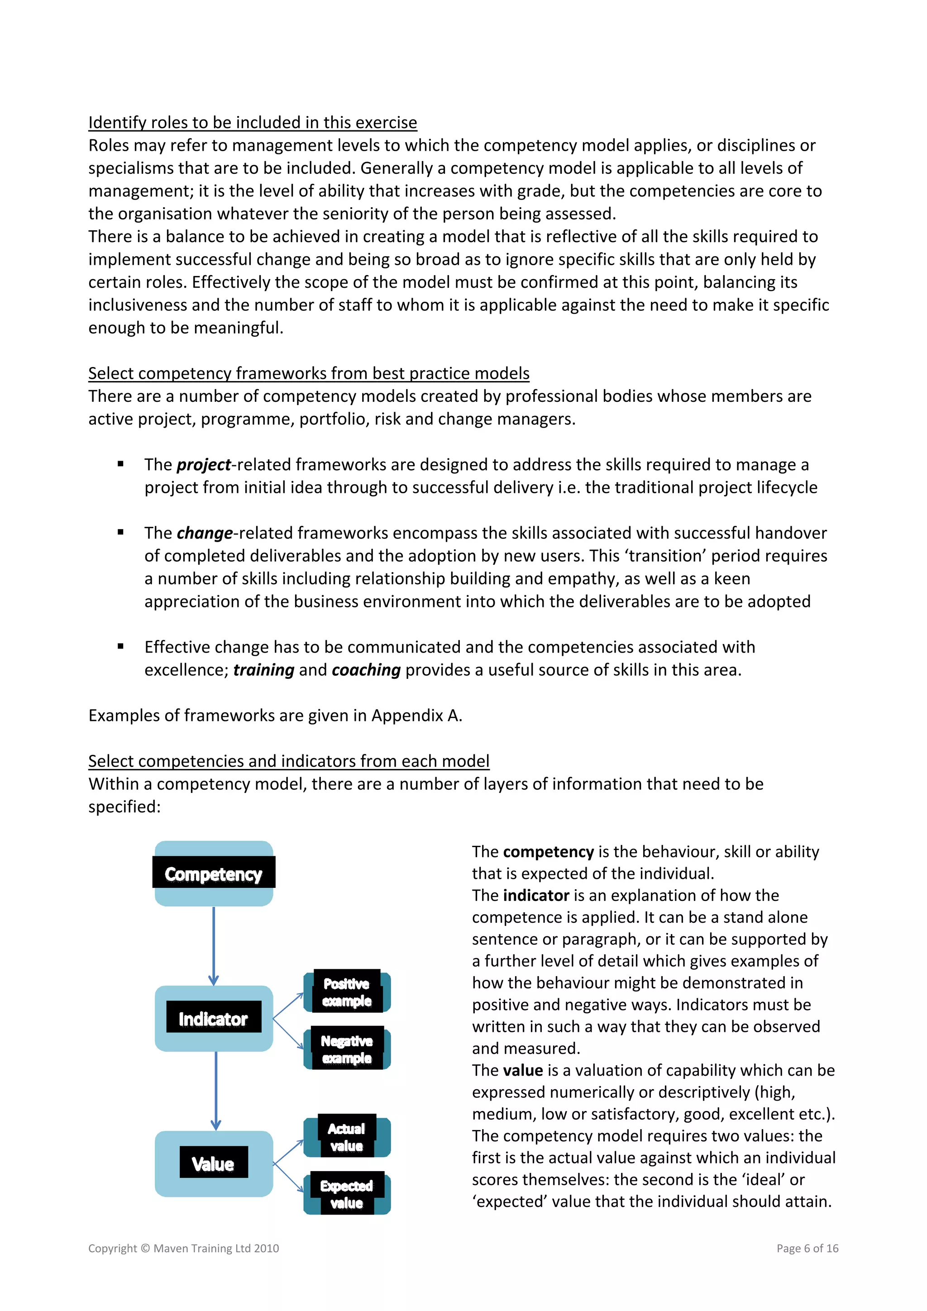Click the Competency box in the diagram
click(214, 873)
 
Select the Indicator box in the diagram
click(214, 1018)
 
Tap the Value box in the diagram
click(214, 1163)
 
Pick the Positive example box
click(347, 992)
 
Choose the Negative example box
click(347, 1049)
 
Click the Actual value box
click(347, 1137)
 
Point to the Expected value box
click(347, 1194)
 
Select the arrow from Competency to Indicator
click(214, 945)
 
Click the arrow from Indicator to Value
click(216, 1090)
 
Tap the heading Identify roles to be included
click(253, 123)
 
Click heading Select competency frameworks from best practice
click(308, 373)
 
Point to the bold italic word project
click(204, 465)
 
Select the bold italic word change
click(205, 533)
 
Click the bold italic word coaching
click(366, 670)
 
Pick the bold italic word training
click(264, 670)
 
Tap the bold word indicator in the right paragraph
click(536, 895)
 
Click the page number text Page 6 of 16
click(807, 1248)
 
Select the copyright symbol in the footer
click(145, 1248)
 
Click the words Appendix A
click(416, 715)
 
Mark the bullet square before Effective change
click(120, 646)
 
